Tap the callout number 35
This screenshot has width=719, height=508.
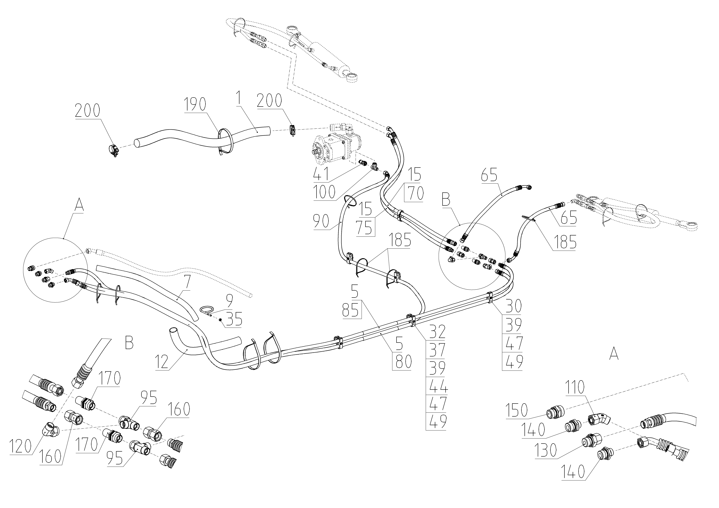(234, 320)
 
